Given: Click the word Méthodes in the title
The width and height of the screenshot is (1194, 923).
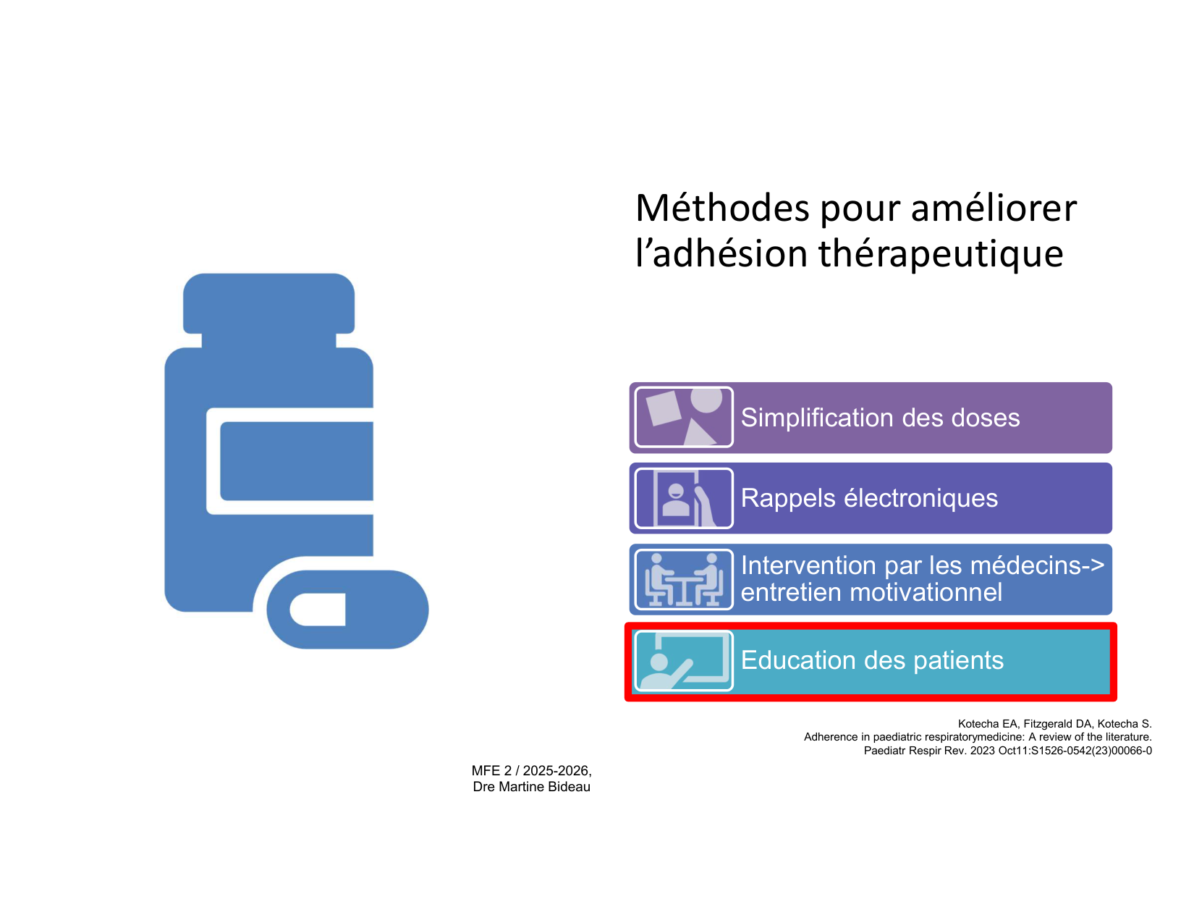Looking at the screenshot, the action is (722, 208).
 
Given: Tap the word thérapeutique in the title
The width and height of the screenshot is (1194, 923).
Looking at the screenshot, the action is (941, 255).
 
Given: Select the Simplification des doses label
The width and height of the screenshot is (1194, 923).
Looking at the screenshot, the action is (880, 417).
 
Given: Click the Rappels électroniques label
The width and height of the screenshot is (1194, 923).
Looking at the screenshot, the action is (868, 497).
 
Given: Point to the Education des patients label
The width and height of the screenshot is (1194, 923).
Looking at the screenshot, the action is (872, 659).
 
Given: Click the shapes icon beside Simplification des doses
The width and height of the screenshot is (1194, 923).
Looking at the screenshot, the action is (684, 417).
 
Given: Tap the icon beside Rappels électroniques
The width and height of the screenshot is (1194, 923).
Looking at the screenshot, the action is (684, 497).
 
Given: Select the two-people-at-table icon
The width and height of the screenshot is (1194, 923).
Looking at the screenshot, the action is (684, 579).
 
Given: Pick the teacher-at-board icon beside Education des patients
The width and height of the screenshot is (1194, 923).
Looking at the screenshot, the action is (684, 659).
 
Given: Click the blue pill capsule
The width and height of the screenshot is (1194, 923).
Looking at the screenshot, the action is (347, 609).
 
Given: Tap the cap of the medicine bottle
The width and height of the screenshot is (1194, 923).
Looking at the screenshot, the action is (268, 303).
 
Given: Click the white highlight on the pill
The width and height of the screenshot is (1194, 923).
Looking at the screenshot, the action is (318, 609).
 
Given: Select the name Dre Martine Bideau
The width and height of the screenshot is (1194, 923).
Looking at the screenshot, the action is (531, 786).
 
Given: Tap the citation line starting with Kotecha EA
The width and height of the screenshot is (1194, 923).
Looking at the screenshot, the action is (1054, 723).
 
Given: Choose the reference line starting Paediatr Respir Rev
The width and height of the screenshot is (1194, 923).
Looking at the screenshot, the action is (1008, 751).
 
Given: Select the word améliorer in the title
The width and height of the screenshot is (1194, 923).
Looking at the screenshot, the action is (994, 208).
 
